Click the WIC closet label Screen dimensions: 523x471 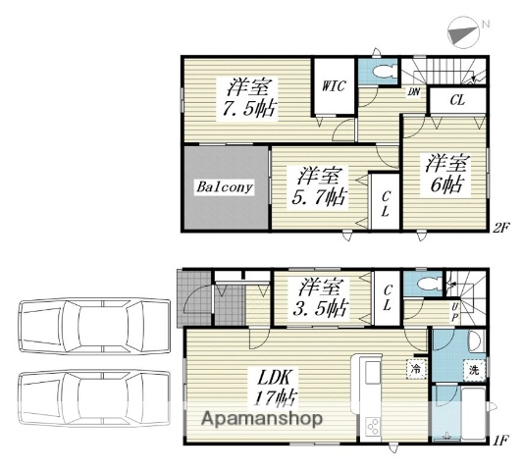[334, 86]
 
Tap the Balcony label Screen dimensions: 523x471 [225, 186]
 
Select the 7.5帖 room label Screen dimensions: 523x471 [249, 98]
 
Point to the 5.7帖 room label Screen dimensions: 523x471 [319, 186]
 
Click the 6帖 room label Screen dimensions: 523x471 [447, 174]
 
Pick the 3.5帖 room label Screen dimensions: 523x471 [321, 297]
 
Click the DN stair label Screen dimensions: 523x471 [414, 91]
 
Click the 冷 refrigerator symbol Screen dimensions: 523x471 [416, 369]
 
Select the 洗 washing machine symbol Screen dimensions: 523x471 [474, 370]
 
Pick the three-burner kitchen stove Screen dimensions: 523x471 [372, 426]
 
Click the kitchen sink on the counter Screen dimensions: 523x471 [373, 372]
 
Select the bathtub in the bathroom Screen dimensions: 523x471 [473, 414]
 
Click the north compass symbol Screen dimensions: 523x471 [463, 32]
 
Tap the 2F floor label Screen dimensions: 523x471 [501, 228]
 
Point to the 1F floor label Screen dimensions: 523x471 [501, 441]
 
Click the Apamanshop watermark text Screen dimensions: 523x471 [262, 419]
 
